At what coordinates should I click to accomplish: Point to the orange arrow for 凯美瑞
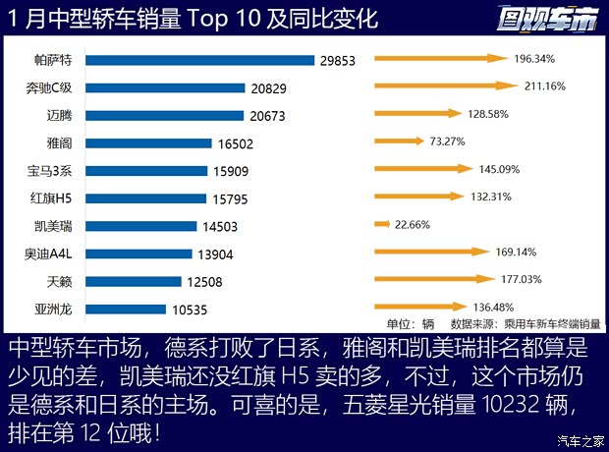(382, 225)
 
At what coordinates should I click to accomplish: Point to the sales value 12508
(204, 282)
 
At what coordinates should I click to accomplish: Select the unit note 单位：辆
(412, 323)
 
